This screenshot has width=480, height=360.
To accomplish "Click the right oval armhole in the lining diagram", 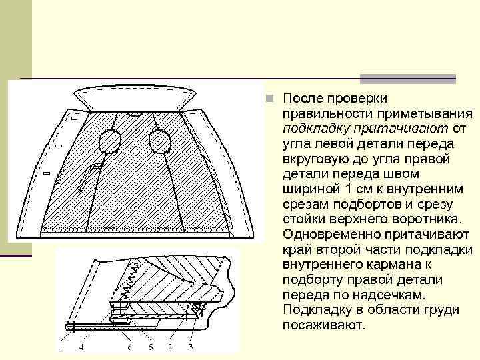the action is tap(159, 141).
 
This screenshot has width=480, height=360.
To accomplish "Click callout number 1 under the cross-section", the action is tap(59, 347).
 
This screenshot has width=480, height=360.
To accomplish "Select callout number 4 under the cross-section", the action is tap(81, 347).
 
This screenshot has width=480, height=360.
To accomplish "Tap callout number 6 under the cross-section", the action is tap(129, 347).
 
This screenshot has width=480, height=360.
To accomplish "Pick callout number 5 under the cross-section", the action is tap(151, 347).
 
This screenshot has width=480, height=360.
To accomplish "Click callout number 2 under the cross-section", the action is tap(170, 347).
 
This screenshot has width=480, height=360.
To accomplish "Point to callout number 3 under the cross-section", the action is tap(191, 347).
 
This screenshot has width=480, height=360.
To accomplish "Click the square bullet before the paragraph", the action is tap(269, 99).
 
